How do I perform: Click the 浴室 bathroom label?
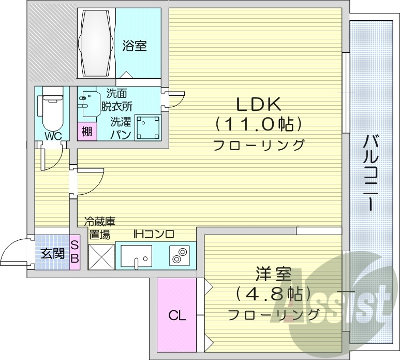(x=135, y=47)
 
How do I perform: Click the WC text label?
(x=53, y=136)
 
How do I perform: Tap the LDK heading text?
(x=258, y=105)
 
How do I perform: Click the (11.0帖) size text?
(x=258, y=124)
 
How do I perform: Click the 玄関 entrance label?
(x=52, y=253)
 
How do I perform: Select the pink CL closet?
(x=176, y=315)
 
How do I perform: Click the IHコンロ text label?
(x=154, y=234)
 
